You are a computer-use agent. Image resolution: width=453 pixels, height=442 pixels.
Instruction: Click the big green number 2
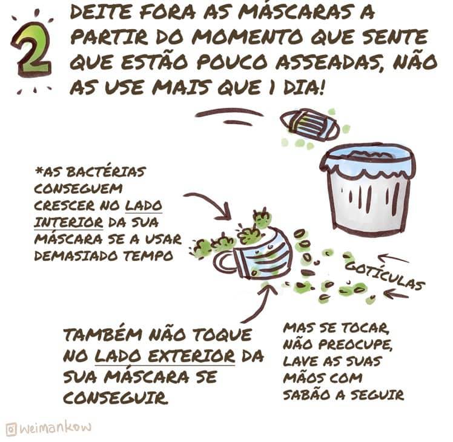point(31,49)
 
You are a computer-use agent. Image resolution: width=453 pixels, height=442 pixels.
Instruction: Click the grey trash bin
point(368,191)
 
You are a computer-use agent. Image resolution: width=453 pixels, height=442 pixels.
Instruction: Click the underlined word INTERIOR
point(68,222)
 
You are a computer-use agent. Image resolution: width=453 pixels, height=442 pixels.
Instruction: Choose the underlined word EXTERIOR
point(191,356)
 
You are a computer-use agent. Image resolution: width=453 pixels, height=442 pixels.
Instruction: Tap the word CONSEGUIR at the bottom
point(116,398)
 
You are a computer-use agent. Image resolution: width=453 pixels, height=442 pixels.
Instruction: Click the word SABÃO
point(307,395)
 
